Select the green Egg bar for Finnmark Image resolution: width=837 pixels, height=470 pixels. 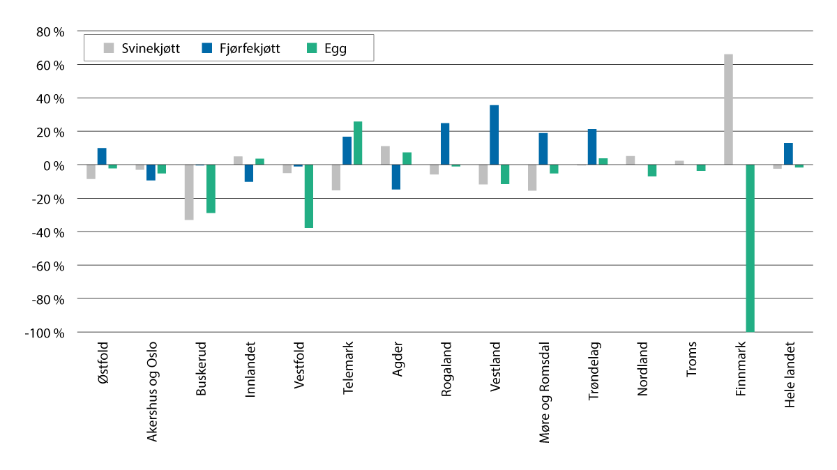coord(750,248)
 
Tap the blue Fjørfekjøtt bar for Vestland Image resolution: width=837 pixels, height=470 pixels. coord(494,135)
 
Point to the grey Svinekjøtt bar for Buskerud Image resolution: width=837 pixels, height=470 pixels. coord(189,192)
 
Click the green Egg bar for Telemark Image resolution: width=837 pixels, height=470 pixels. coord(358,144)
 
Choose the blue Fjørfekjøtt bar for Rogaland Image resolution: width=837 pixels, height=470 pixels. coord(445,144)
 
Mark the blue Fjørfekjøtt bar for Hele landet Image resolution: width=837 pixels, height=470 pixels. coord(788,154)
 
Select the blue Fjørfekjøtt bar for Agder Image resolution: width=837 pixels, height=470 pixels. coord(396,177)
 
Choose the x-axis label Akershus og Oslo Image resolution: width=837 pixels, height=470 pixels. coord(152,391)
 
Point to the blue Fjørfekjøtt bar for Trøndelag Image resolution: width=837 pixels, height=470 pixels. coord(592,147)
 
